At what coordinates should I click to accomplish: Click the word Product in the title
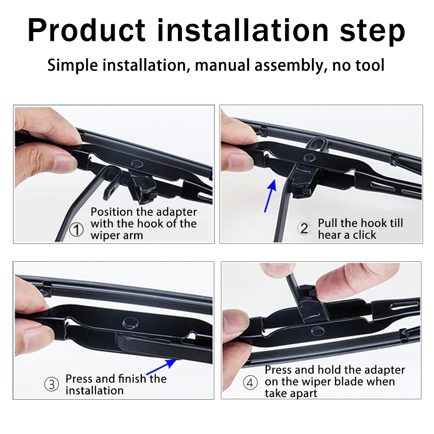[87, 30]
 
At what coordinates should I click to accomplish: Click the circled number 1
[76, 230]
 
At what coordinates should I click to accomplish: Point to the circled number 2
[304, 229]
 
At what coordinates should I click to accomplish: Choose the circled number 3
[52, 385]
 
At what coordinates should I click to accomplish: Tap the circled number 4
[250, 383]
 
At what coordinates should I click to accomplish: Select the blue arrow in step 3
[161, 367]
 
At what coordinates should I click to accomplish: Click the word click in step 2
[364, 235]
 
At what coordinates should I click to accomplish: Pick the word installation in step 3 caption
[95, 391]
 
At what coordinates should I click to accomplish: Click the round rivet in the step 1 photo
[137, 164]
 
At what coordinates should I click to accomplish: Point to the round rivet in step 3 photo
[131, 322]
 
